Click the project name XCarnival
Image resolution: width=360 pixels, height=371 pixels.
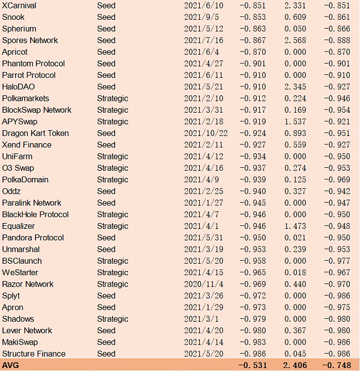(20, 5)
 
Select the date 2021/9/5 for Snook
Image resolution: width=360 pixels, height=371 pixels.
(202, 17)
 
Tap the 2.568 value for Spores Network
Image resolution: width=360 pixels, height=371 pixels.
(294, 41)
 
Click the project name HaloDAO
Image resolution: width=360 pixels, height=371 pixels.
(19, 87)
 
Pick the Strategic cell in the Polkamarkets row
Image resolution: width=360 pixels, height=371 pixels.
(112, 98)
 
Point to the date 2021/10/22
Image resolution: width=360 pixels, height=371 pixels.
(206, 134)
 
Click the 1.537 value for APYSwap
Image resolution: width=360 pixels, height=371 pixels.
(294, 122)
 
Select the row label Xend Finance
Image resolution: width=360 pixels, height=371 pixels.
(26, 145)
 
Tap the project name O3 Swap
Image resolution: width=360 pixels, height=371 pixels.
(18, 168)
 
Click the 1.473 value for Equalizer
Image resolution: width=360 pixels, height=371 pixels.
(294, 227)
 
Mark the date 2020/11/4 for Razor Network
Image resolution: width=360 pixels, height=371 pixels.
(203, 285)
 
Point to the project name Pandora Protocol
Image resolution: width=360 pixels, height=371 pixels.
(33, 238)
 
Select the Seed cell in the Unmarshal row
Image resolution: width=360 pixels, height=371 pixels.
(106, 249)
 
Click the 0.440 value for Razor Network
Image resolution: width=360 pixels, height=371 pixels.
(294, 285)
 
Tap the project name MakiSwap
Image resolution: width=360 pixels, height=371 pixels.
(21, 342)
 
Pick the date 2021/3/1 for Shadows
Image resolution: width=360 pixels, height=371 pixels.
(202, 319)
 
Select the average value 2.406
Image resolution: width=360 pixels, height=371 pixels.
(294, 364)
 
